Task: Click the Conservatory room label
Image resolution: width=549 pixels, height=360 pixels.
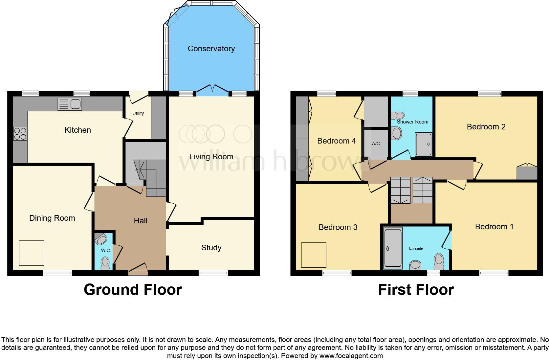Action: (x=211, y=49)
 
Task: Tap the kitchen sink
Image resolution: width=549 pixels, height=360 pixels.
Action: (x=70, y=104)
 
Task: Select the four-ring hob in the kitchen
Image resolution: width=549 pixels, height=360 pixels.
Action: (x=20, y=134)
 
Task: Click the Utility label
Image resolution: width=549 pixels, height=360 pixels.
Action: (x=138, y=113)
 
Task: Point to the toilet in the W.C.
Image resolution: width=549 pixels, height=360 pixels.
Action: (x=105, y=263)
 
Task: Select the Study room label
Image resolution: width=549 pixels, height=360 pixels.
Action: (x=211, y=248)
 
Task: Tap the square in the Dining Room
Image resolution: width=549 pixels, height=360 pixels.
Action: (x=32, y=253)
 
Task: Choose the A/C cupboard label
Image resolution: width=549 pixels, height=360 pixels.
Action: (x=376, y=144)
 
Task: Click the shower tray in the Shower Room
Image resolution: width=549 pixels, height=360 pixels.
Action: (x=424, y=144)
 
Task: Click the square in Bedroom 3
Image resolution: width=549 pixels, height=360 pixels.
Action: (x=314, y=255)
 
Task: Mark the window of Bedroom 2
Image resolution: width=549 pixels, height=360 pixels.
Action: (x=490, y=94)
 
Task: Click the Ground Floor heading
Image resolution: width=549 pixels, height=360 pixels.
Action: (x=133, y=290)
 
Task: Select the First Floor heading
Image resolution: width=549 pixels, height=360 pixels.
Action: (x=416, y=290)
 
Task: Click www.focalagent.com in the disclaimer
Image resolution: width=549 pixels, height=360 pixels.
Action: (x=351, y=356)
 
